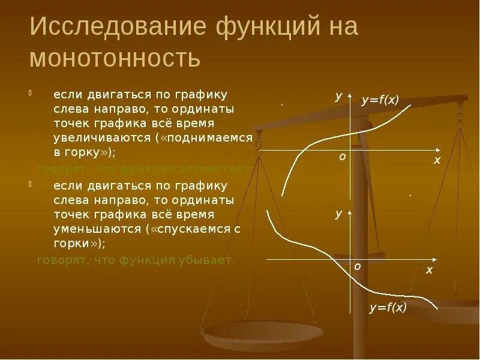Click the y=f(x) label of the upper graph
coord(380,101)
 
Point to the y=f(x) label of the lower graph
coord(388,308)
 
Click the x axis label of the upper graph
coord(437,160)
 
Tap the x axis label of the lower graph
coord(429,271)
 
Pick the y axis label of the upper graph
coord(339,96)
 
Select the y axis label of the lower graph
coord(339,213)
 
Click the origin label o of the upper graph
coord(342,156)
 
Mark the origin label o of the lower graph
coord(357,266)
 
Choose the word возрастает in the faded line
coord(216,169)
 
